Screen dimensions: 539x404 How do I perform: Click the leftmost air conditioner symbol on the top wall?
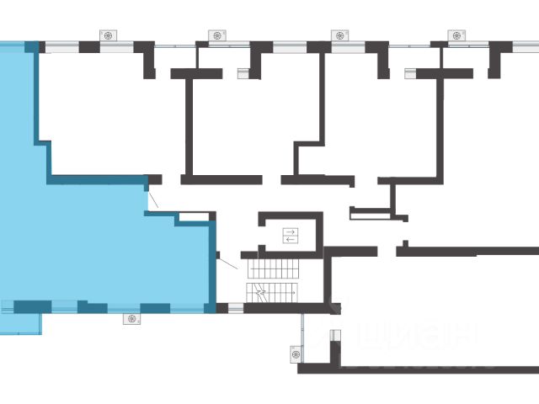[x=110, y=35]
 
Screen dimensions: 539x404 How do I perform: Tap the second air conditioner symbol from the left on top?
[x=217, y=35]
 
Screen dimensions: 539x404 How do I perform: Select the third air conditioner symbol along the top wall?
[x=339, y=35]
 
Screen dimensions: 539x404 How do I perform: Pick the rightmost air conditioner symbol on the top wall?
[x=457, y=35]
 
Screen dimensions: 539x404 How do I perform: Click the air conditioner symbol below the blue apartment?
[x=131, y=318]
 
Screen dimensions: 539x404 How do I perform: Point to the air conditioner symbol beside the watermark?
[x=296, y=354]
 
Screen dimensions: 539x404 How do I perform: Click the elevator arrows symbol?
[x=291, y=235]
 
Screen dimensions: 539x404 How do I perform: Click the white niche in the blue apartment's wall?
[x=193, y=216]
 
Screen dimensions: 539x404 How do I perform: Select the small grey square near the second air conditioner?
[x=243, y=72]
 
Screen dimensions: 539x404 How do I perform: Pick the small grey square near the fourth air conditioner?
[x=410, y=72]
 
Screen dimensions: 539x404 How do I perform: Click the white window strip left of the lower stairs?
[x=236, y=308]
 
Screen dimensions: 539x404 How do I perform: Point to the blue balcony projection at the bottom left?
[x=21, y=323]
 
